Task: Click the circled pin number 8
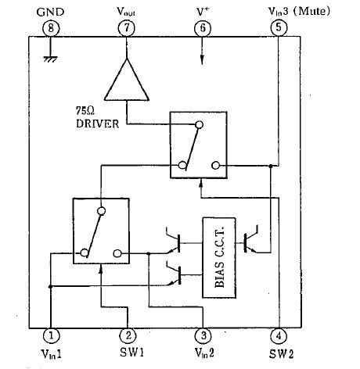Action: coord(51,28)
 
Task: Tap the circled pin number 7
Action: coord(127,27)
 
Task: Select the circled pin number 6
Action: coord(203,28)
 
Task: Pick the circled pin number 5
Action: coord(279,27)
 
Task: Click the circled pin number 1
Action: coord(51,335)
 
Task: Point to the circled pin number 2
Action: coord(128,335)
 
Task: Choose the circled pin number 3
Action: coord(203,335)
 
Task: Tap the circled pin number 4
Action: coord(279,336)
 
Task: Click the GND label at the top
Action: coord(50,12)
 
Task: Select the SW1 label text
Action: coord(131,353)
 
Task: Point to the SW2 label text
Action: coord(281,354)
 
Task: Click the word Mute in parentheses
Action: coord(311,11)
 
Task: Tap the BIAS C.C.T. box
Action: coord(219,258)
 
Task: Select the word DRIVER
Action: coord(98,124)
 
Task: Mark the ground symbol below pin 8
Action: coord(50,59)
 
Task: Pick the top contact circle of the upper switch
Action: coord(200,125)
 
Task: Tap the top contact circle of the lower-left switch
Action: coord(101,211)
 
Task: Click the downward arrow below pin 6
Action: coord(202,51)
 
